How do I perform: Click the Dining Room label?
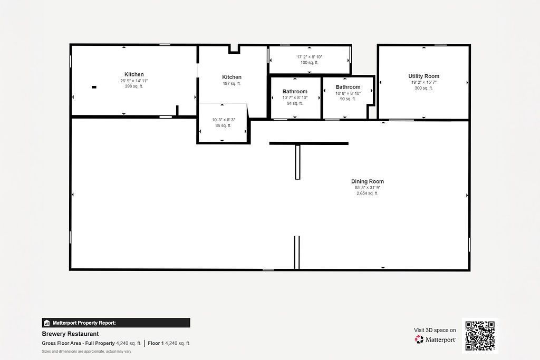point(368,181)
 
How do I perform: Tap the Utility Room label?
point(423,76)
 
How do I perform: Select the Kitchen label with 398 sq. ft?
point(134,74)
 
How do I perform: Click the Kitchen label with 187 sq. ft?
point(232,77)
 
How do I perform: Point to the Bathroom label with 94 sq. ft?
point(295,92)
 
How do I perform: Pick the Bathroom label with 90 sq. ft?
point(348,87)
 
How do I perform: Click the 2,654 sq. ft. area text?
point(368,193)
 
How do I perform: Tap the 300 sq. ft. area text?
point(423,88)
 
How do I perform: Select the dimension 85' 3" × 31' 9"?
point(368,188)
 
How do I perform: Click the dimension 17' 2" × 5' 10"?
point(309,56)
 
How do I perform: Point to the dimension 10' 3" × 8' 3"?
point(224,120)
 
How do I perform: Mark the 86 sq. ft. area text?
point(224,125)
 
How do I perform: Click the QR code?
point(480,336)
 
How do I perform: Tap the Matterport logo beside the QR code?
point(436,339)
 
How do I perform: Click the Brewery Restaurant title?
point(70,334)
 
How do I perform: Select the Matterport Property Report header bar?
point(116,323)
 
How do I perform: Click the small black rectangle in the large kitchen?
point(94,87)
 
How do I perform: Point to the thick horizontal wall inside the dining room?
point(309,143)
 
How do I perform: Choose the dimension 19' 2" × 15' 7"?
point(423,82)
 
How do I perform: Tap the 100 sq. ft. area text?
point(309,62)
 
